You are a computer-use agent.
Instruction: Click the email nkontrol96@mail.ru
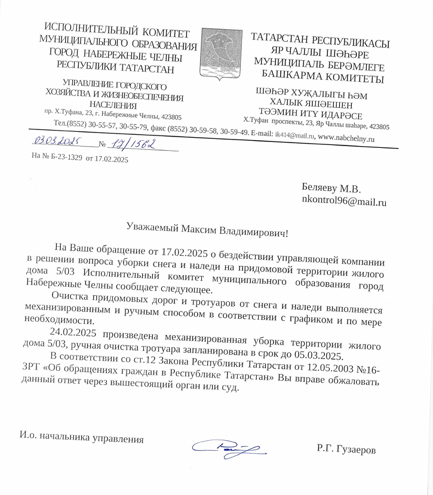pos(345,202)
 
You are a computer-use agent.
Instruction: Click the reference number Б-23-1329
pos(65,159)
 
